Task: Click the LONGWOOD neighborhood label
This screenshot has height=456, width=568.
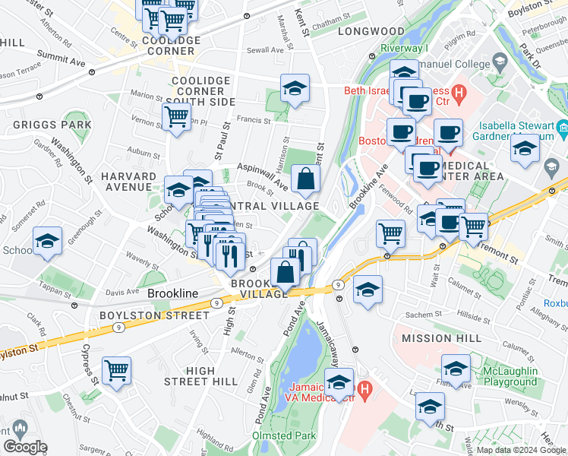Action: (x=371, y=31)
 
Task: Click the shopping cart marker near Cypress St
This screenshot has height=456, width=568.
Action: (x=117, y=371)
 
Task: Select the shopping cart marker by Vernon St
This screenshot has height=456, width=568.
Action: (x=176, y=117)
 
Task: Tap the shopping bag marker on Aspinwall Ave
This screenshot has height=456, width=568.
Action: (x=305, y=179)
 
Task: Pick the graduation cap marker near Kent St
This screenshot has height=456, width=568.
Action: (x=295, y=88)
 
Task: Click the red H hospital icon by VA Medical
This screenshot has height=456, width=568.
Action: (x=364, y=391)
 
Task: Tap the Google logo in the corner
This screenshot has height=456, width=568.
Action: (x=25, y=447)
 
